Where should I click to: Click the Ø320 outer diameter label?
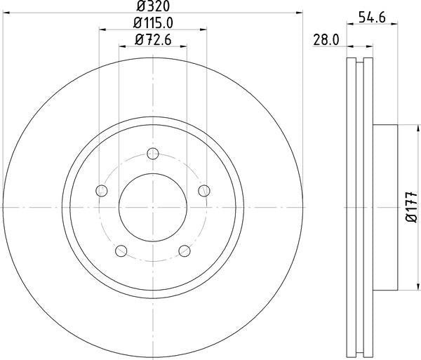(153, 6)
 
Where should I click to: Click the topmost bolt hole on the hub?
(153, 154)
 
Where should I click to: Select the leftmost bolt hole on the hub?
(102, 191)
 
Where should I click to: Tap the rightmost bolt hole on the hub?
(205, 191)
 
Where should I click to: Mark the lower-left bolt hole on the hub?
(121, 251)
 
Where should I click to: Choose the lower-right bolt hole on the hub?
(185, 251)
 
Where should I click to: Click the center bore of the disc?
(153, 208)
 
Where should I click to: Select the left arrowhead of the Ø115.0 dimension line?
(102, 29)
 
